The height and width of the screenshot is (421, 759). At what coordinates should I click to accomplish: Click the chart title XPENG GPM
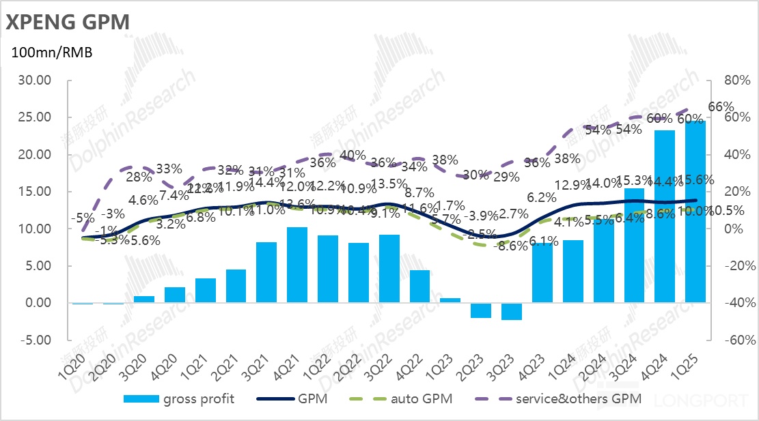(67, 22)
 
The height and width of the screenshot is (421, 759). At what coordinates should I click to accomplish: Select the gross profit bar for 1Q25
(695, 212)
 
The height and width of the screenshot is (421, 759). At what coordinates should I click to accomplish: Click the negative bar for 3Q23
(511, 311)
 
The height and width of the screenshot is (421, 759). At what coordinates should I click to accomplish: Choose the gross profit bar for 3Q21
(266, 272)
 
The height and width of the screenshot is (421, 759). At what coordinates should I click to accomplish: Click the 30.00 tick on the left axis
(34, 81)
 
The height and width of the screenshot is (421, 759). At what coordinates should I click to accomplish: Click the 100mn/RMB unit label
(51, 53)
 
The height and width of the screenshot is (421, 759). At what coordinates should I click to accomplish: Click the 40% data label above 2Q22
(352, 155)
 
